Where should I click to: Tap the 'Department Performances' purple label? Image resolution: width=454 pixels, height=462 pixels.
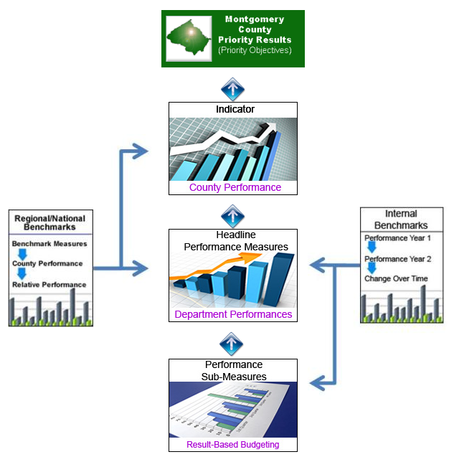pos(232,314)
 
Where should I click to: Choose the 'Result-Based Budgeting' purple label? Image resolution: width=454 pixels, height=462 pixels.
pos(232,444)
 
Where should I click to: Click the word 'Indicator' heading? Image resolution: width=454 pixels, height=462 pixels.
pos(235,110)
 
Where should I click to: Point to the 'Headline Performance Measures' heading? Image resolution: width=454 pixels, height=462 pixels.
pos(235,241)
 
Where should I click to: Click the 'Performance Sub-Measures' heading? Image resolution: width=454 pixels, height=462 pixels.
pos(235,370)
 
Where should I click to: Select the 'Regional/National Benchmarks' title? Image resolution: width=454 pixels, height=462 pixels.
pos(50,222)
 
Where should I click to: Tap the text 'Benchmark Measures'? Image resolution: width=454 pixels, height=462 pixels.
pos(49,244)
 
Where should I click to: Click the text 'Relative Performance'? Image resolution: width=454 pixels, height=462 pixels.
pos(49,285)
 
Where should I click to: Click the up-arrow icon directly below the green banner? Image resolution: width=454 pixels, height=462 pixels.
pos(233,89)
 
